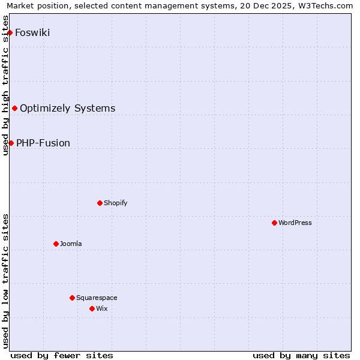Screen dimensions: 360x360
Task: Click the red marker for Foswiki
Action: click(10, 32)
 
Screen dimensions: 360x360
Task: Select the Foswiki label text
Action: click(32, 32)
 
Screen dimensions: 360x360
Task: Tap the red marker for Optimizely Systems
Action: click(14, 108)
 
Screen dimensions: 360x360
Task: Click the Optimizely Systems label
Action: click(67, 108)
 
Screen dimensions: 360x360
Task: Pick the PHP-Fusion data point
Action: click(11, 143)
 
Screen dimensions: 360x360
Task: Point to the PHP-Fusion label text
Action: click(43, 143)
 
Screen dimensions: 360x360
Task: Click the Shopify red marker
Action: click(100, 203)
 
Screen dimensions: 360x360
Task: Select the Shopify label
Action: click(115, 203)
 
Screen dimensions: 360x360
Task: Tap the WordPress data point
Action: click(274, 223)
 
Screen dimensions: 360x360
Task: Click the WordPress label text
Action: click(295, 223)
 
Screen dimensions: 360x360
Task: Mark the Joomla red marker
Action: click(56, 244)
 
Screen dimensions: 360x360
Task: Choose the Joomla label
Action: click(71, 244)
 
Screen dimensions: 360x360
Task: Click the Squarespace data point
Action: click(72, 298)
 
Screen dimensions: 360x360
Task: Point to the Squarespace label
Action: click(97, 298)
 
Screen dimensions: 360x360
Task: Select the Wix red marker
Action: click(92, 308)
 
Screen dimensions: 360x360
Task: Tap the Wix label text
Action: click(102, 308)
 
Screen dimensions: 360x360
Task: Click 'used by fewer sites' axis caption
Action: click(62, 355)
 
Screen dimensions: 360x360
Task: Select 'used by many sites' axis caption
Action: click(301, 355)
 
